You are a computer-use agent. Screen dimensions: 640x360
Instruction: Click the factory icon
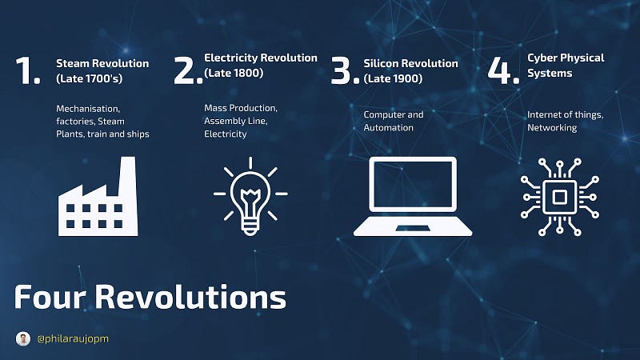(x=98, y=197)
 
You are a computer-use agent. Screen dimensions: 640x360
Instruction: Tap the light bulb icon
(x=250, y=196)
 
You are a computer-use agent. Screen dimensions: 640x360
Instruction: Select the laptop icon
(x=413, y=197)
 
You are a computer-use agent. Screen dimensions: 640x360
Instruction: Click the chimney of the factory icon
(x=127, y=175)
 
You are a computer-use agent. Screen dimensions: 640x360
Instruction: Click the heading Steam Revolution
(x=102, y=63)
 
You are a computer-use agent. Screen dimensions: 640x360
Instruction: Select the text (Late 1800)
(x=234, y=73)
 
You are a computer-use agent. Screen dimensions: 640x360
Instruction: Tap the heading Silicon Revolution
(x=410, y=63)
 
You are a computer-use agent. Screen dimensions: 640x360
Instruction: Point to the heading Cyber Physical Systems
(x=566, y=66)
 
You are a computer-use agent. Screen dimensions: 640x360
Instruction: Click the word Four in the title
(x=50, y=297)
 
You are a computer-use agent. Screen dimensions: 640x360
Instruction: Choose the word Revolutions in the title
(x=190, y=297)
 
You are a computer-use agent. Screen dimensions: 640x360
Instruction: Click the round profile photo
(x=23, y=338)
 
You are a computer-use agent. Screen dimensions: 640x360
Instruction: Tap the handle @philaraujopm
(x=73, y=338)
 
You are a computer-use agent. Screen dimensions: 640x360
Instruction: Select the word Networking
(x=552, y=128)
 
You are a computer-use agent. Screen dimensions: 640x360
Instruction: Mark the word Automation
(x=389, y=128)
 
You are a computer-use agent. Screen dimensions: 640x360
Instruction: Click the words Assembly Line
(x=235, y=121)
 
